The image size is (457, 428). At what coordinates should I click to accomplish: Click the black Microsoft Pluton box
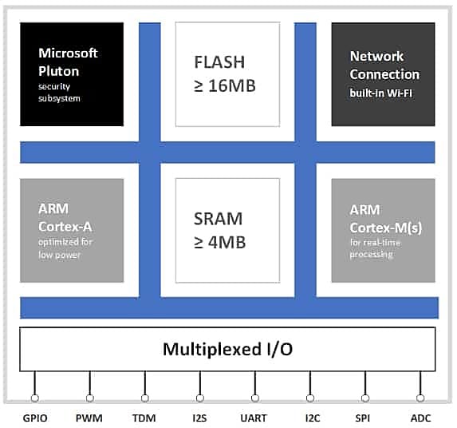coord(72,74)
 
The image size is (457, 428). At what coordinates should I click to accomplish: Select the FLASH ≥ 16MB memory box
coord(227,74)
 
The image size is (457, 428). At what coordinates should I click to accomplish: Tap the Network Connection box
coord(384,74)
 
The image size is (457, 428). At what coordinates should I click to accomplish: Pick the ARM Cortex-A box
coord(72,231)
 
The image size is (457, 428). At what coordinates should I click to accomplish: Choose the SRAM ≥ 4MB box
coord(227,231)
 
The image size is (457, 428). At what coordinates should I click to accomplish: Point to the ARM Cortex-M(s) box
coord(384,231)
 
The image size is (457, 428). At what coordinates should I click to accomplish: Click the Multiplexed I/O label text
coord(227,349)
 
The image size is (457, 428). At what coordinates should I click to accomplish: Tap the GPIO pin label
coord(35,418)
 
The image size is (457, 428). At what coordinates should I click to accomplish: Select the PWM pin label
coord(89,418)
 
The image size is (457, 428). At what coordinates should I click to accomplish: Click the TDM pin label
coord(144,418)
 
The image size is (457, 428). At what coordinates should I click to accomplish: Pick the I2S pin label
coord(199,418)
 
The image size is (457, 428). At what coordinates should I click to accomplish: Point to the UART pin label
coord(254,418)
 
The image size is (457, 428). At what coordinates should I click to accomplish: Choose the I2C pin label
coord(313,418)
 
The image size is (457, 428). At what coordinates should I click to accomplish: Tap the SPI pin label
coord(363,418)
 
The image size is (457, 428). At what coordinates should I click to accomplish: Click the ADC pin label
coord(420,418)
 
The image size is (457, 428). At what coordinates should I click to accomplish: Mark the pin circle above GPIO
coord(34,398)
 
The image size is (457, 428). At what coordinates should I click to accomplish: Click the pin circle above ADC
coord(420,398)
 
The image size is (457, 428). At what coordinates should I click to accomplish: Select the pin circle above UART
coord(255,398)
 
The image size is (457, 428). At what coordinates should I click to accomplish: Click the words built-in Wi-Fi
coord(381,93)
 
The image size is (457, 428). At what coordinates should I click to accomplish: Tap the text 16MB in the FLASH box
coord(232,85)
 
